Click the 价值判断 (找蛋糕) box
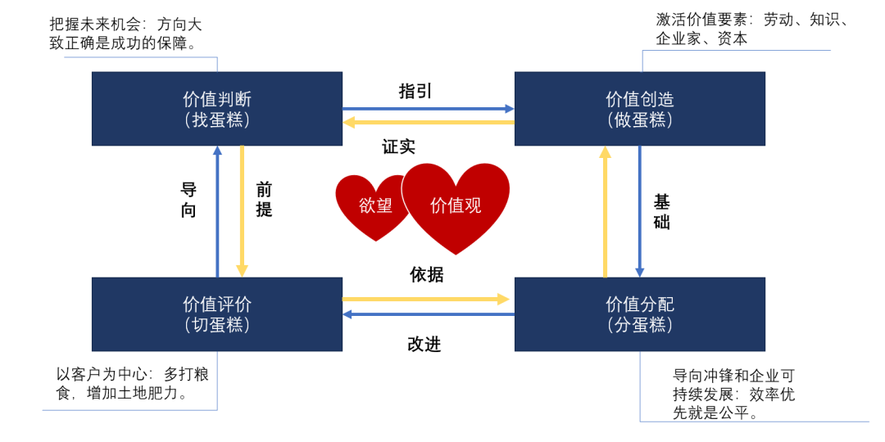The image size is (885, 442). (216, 109)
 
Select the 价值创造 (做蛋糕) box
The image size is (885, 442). (639, 109)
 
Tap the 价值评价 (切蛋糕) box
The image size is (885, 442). (216, 314)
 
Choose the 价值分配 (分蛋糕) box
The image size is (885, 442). (639, 314)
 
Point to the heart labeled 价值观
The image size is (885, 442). (456, 205)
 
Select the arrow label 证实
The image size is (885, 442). (398, 147)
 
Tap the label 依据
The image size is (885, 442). (427, 275)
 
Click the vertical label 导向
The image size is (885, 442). (188, 200)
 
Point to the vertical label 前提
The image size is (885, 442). (264, 200)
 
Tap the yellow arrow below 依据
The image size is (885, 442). (426, 300)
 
